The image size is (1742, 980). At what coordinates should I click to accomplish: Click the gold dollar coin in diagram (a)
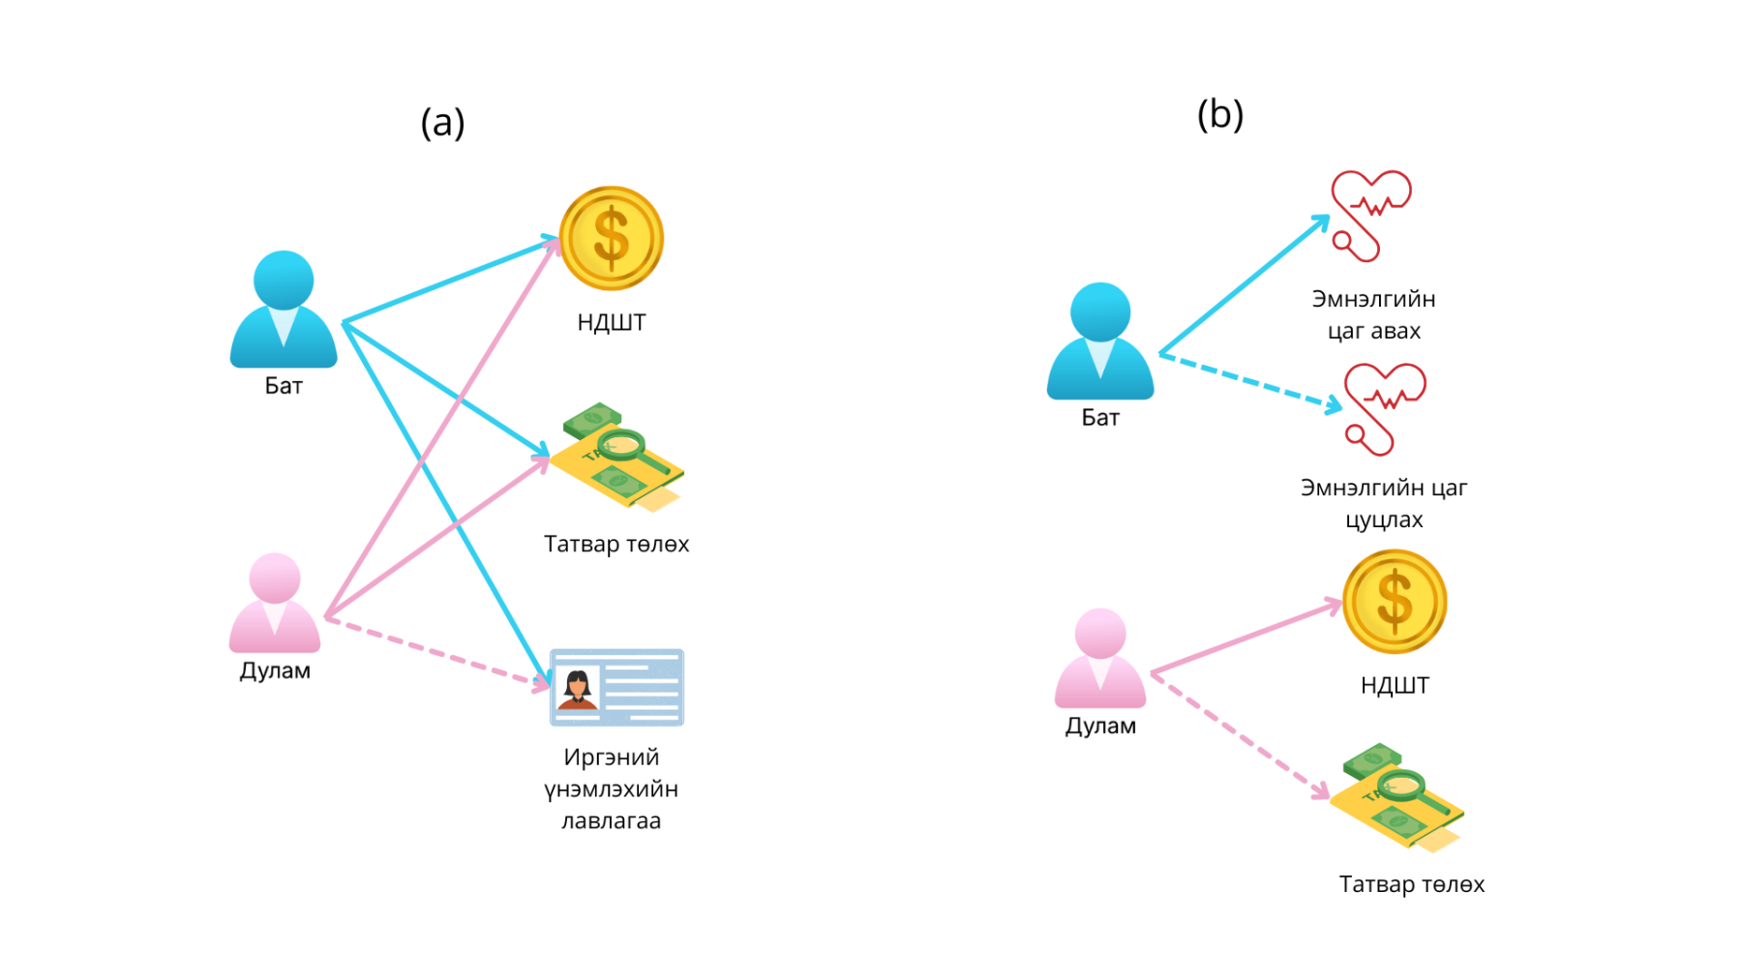612,238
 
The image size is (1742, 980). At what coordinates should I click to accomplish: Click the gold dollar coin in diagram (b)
1394,601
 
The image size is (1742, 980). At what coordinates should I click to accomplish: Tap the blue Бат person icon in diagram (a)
284,310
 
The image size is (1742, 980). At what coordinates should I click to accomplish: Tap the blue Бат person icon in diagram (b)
1100,341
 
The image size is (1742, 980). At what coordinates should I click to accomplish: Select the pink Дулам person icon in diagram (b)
1100,659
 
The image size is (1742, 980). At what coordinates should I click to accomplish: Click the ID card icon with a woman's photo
616,688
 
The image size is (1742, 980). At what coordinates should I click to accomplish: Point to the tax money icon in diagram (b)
1398,797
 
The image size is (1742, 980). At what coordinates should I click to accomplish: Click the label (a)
442,123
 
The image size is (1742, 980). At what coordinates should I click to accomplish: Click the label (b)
1219,115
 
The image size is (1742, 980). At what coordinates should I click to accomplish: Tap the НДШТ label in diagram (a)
612,322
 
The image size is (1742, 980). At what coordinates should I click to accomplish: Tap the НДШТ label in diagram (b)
1395,685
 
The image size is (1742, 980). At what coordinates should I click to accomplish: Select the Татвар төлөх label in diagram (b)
1411,884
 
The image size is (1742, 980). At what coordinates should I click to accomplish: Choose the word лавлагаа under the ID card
612,820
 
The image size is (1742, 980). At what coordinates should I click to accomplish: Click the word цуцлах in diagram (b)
1384,520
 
